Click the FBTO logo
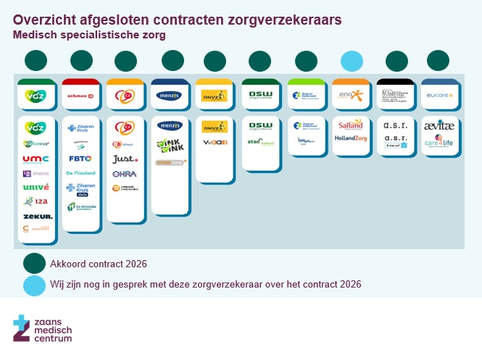[80, 158]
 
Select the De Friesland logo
[80, 173]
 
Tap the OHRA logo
[124, 174]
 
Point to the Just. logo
[124, 159]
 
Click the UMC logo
[36, 159]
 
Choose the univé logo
[36, 187]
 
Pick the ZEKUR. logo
[36, 216]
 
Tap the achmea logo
[80, 95]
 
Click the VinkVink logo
[170, 146]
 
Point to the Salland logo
[351, 125]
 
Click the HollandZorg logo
[351, 138]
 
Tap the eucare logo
[439, 95]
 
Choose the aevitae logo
[439, 125]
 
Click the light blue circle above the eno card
[352, 62]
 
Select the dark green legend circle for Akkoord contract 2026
[34, 264]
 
